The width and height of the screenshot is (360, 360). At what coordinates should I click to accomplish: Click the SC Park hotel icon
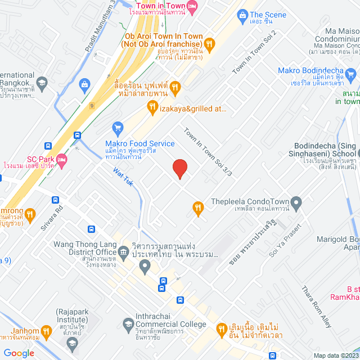coord(61,159)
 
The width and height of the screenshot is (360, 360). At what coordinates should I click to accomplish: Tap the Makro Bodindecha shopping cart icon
coord(352,73)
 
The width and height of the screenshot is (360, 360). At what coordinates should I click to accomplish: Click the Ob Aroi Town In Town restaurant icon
coord(209,43)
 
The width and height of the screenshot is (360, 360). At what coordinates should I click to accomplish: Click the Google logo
coord(19,353)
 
